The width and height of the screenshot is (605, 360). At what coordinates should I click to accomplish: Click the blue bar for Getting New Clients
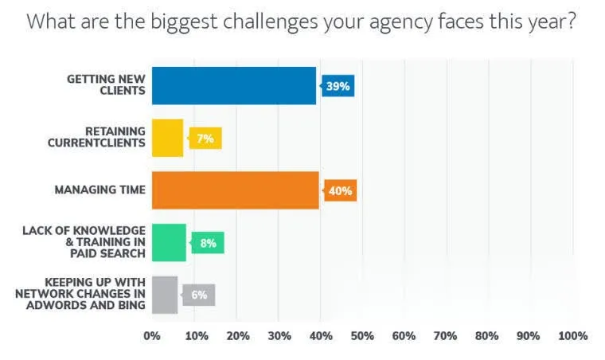point(234,86)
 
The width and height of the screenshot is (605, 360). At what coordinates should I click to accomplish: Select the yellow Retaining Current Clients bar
point(167,138)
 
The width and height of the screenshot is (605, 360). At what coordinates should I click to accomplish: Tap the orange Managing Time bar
point(235,190)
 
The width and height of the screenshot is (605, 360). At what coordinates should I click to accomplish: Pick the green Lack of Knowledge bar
point(169,243)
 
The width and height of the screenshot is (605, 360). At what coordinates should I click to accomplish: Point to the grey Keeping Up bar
point(165,295)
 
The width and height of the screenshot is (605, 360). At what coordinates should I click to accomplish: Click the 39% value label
point(338,86)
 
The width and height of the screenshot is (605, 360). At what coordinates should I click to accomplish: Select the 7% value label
point(205,139)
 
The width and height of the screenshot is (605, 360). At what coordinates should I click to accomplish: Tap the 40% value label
point(341,191)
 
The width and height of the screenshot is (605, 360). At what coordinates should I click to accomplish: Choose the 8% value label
point(209,243)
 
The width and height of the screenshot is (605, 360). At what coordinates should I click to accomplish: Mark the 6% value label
point(199,295)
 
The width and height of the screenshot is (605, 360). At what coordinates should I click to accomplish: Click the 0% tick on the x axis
point(151,336)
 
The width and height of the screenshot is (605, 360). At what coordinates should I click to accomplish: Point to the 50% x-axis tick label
point(361,336)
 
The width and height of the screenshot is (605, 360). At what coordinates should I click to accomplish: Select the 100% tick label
point(573,336)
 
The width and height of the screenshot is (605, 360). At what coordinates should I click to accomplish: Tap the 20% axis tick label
point(236,336)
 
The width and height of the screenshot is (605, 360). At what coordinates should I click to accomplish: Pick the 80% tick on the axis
point(488,336)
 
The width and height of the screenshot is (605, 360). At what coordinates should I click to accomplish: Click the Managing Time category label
point(100,190)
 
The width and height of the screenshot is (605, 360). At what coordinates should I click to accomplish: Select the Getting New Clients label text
point(106,85)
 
